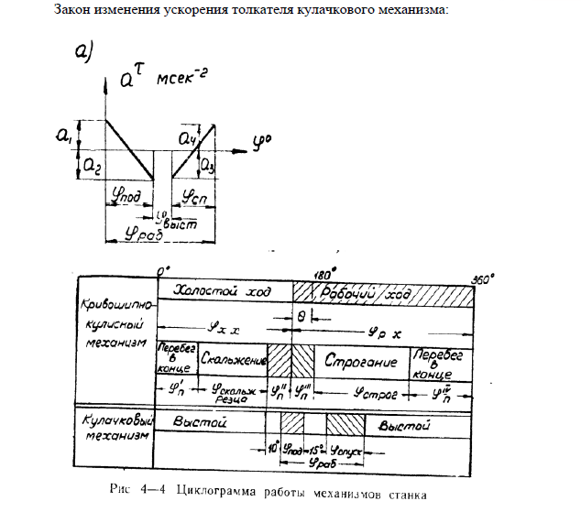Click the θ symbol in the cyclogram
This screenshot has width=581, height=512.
303,316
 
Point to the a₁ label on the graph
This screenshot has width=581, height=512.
62,137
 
